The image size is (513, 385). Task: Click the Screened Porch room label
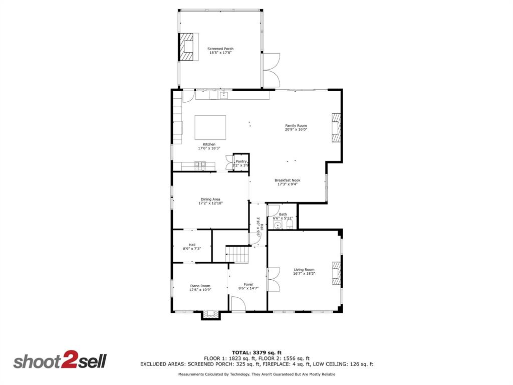[x=220, y=49]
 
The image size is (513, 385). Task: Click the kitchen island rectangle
[x=210, y=127]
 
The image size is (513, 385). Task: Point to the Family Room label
[x=296, y=126]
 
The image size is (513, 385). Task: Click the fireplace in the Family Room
[x=336, y=128]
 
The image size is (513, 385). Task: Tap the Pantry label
[x=241, y=161]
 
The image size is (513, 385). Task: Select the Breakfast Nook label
[x=288, y=180]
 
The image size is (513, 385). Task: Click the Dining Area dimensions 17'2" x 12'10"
[x=210, y=203]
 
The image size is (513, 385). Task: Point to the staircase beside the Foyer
[x=237, y=254]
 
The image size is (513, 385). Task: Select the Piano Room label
[x=200, y=286]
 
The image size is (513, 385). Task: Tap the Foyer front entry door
[x=238, y=304]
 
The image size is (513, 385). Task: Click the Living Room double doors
[x=274, y=279]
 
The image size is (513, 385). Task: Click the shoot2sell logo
[x=60, y=361]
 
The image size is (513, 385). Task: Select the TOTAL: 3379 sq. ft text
[x=256, y=352]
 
